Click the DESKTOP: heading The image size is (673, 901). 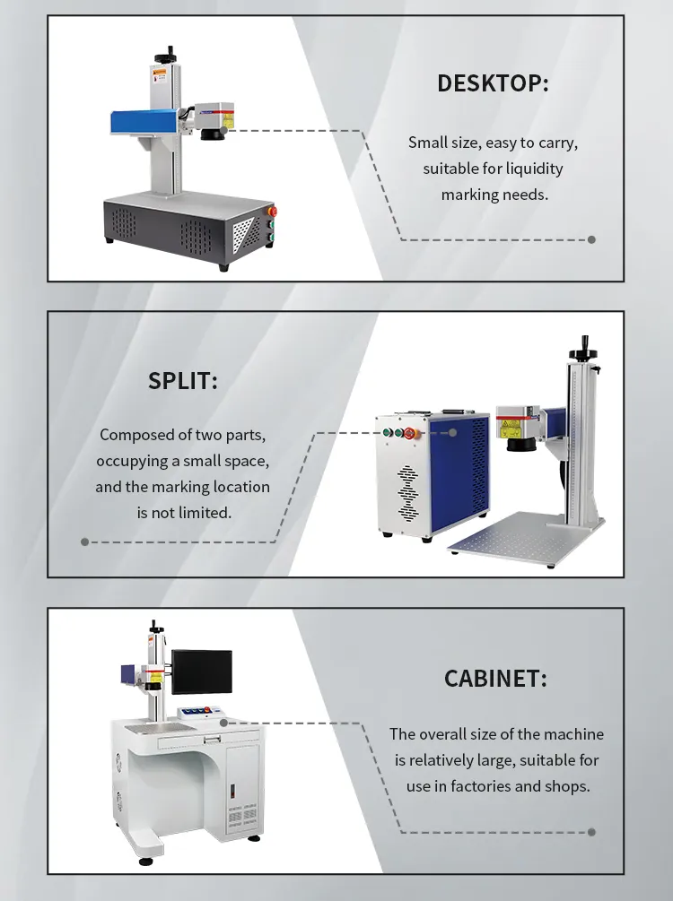pos(493,83)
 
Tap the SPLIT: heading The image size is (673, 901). pos(183,380)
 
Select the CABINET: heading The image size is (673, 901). pos(495,679)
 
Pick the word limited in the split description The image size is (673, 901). pos(208,513)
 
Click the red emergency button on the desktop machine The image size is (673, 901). pos(272,212)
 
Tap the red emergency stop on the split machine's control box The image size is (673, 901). pos(409,433)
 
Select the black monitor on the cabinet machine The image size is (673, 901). pos(201,671)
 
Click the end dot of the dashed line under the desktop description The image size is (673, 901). pos(591,239)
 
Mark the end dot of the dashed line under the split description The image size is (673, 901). pos(85,541)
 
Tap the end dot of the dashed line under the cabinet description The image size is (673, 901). pos(591,832)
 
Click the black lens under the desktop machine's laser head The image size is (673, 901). pos(213,134)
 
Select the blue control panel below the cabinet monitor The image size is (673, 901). pos(199,712)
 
